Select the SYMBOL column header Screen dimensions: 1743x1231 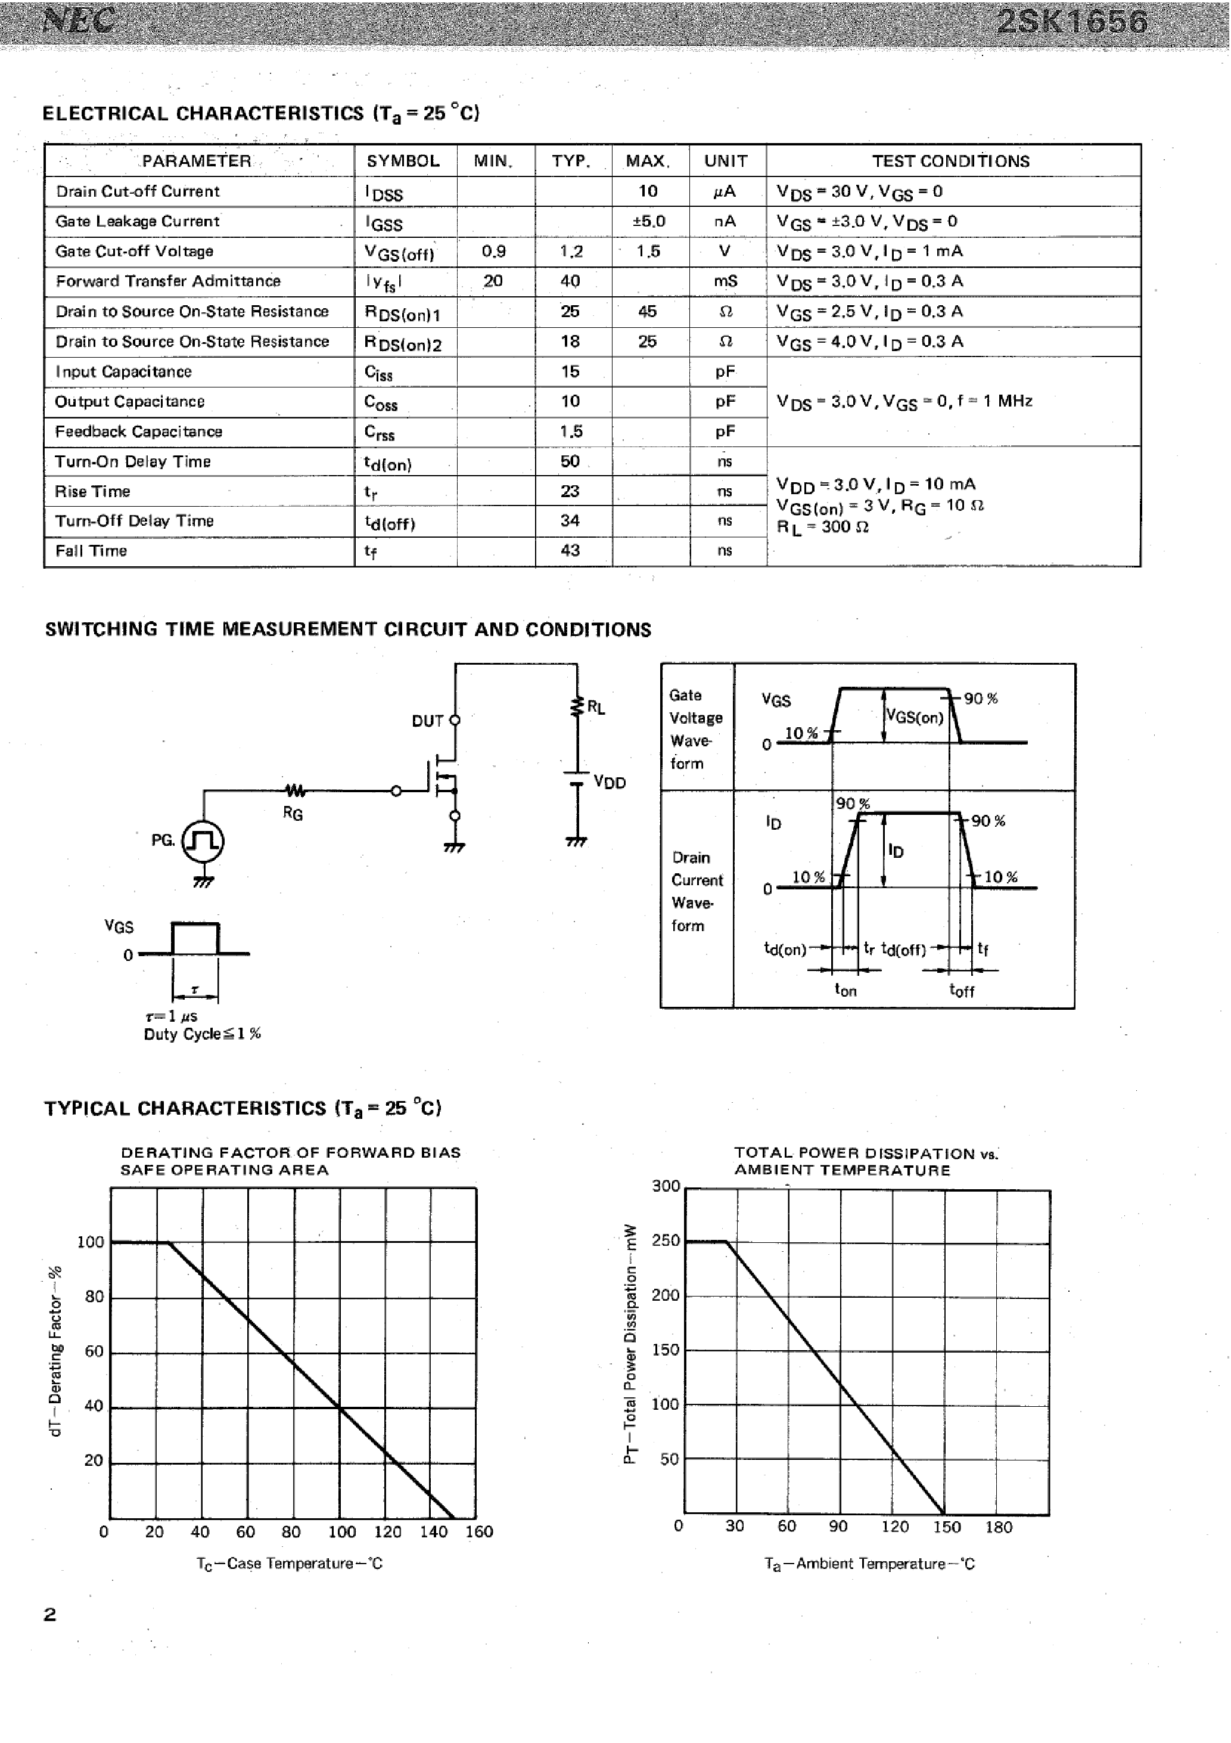pos(403,161)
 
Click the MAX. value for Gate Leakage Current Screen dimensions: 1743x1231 pos(648,221)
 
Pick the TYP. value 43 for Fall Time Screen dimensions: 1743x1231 pos(570,550)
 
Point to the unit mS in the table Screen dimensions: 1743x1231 pos(725,281)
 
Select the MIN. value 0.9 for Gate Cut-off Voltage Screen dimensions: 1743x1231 pos(493,252)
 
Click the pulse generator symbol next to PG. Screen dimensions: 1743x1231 pos(203,841)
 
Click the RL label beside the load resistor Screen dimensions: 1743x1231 pos(596,708)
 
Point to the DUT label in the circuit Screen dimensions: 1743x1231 pos(427,721)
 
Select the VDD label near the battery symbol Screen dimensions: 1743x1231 pos(610,783)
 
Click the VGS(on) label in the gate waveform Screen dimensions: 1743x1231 pos(915,717)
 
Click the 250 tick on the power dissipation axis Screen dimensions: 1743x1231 pos(666,1240)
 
